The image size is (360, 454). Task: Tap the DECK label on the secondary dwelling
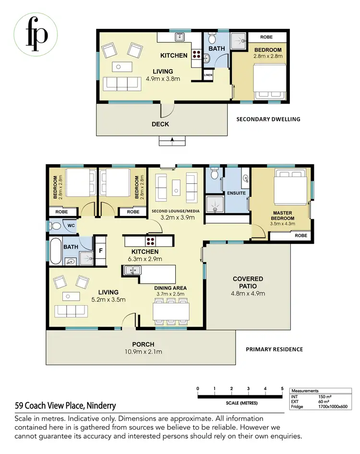(160, 124)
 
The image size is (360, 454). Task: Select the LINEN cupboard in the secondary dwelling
(208, 75)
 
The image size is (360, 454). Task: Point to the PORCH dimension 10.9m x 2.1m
(143, 352)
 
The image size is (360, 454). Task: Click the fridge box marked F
(101, 250)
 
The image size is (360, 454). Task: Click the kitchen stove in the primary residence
(150, 241)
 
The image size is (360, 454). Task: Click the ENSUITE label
(236, 193)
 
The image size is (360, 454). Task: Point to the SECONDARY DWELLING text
(268, 119)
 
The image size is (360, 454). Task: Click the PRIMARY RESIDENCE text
(274, 349)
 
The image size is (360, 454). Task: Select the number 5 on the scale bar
(282, 389)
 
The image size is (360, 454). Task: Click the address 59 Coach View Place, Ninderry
(65, 406)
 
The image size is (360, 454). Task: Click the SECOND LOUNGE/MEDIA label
(177, 211)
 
